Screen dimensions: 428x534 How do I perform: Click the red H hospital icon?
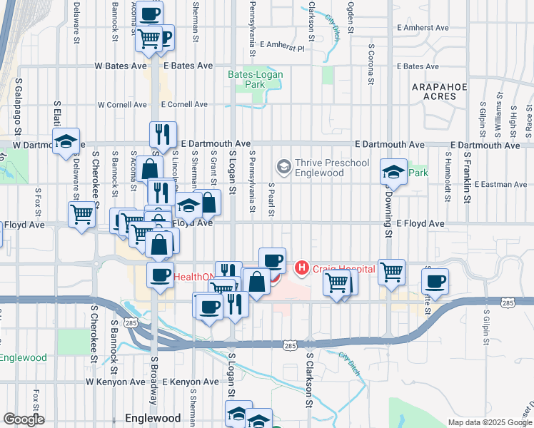point(301,267)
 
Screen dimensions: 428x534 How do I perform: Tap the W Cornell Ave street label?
point(122,104)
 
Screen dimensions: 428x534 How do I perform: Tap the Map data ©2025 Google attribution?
point(490,422)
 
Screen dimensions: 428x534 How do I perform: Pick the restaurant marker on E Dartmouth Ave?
point(163,133)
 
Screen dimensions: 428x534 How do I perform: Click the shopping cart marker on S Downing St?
point(391,270)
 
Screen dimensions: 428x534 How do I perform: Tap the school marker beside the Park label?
point(393,171)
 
